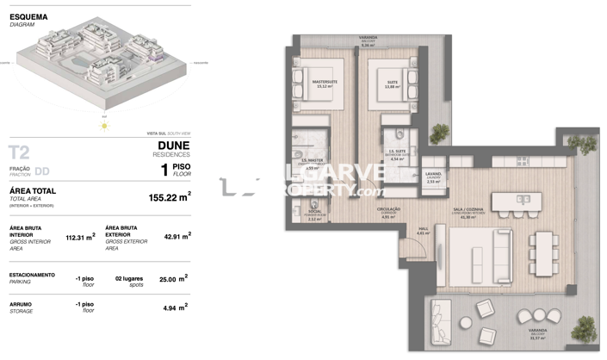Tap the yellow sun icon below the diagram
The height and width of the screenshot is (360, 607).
tap(104, 126)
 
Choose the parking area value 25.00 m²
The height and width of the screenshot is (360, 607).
tap(173, 278)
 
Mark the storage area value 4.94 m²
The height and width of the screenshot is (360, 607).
tap(176, 306)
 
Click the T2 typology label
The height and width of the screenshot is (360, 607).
tap(19, 153)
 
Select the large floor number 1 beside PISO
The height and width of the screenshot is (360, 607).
tap(164, 170)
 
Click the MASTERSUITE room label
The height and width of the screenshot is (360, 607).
tap(325, 83)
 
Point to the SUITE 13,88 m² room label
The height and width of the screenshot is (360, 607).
tap(393, 84)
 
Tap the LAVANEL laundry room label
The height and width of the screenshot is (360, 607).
tap(433, 177)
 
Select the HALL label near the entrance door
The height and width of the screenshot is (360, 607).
tap(422, 233)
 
